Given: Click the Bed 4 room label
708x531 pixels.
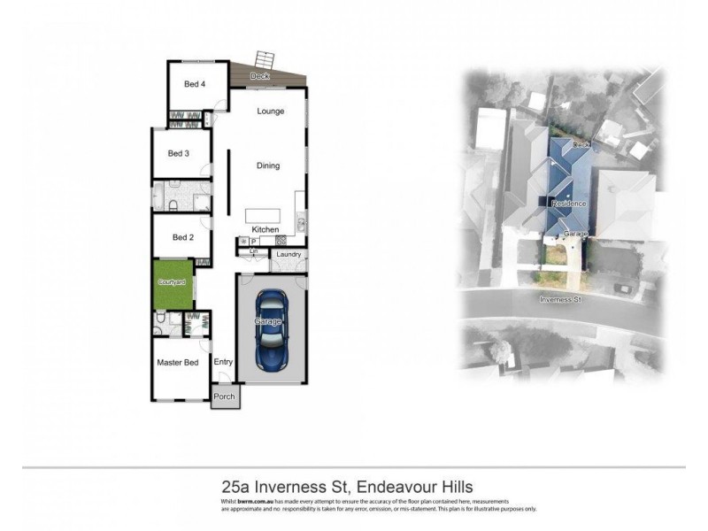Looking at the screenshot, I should (x=195, y=84).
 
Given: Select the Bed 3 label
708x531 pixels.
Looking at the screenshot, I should (x=180, y=153).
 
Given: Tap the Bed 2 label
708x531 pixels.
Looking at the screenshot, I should (x=183, y=237).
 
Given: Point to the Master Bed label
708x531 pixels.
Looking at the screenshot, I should (x=176, y=363).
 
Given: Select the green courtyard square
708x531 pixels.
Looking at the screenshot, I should (x=173, y=283).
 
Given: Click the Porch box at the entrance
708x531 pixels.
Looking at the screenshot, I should (x=225, y=396).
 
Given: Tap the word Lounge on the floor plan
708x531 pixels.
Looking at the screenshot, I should (x=270, y=112).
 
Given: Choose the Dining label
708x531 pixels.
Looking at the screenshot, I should (x=268, y=165).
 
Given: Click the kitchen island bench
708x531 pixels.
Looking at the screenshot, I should (x=264, y=215).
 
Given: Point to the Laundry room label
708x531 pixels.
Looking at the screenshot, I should (x=289, y=255).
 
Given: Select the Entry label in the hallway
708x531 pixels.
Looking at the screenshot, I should (x=223, y=361).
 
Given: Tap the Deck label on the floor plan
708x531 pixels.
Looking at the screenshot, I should (x=259, y=77).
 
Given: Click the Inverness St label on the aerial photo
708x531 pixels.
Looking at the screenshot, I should (x=561, y=299).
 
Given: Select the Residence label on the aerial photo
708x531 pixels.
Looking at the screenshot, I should (x=568, y=204).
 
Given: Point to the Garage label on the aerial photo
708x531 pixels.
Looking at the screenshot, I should (x=575, y=234).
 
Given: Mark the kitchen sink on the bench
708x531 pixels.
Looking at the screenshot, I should (x=301, y=221).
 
